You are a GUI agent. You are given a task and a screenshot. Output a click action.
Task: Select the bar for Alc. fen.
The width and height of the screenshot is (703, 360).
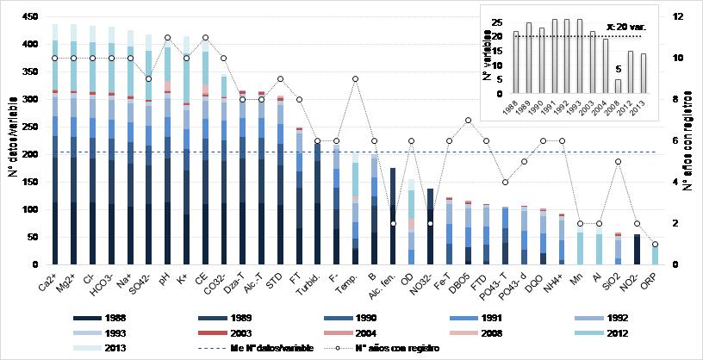[x=393, y=216]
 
